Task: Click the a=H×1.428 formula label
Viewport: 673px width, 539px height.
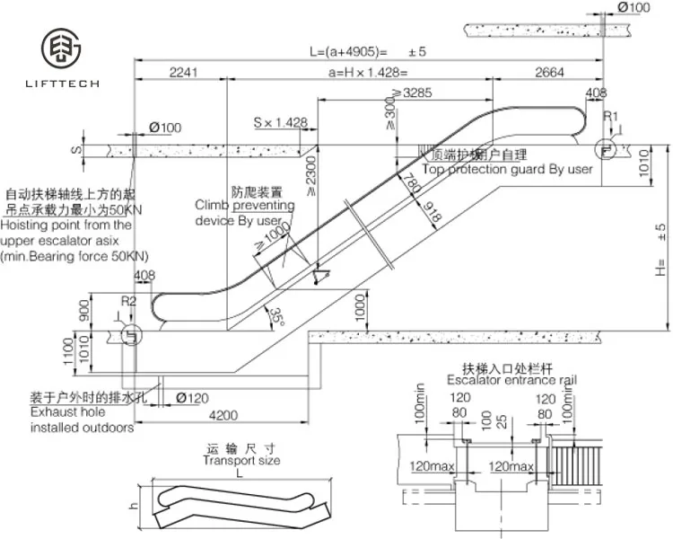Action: pyautogui.click(x=368, y=72)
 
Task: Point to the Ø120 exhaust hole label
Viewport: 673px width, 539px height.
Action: pyautogui.click(x=192, y=397)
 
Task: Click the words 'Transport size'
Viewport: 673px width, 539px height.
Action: pyautogui.click(x=240, y=460)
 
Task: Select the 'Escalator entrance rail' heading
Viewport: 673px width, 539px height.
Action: pyautogui.click(x=511, y=380)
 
